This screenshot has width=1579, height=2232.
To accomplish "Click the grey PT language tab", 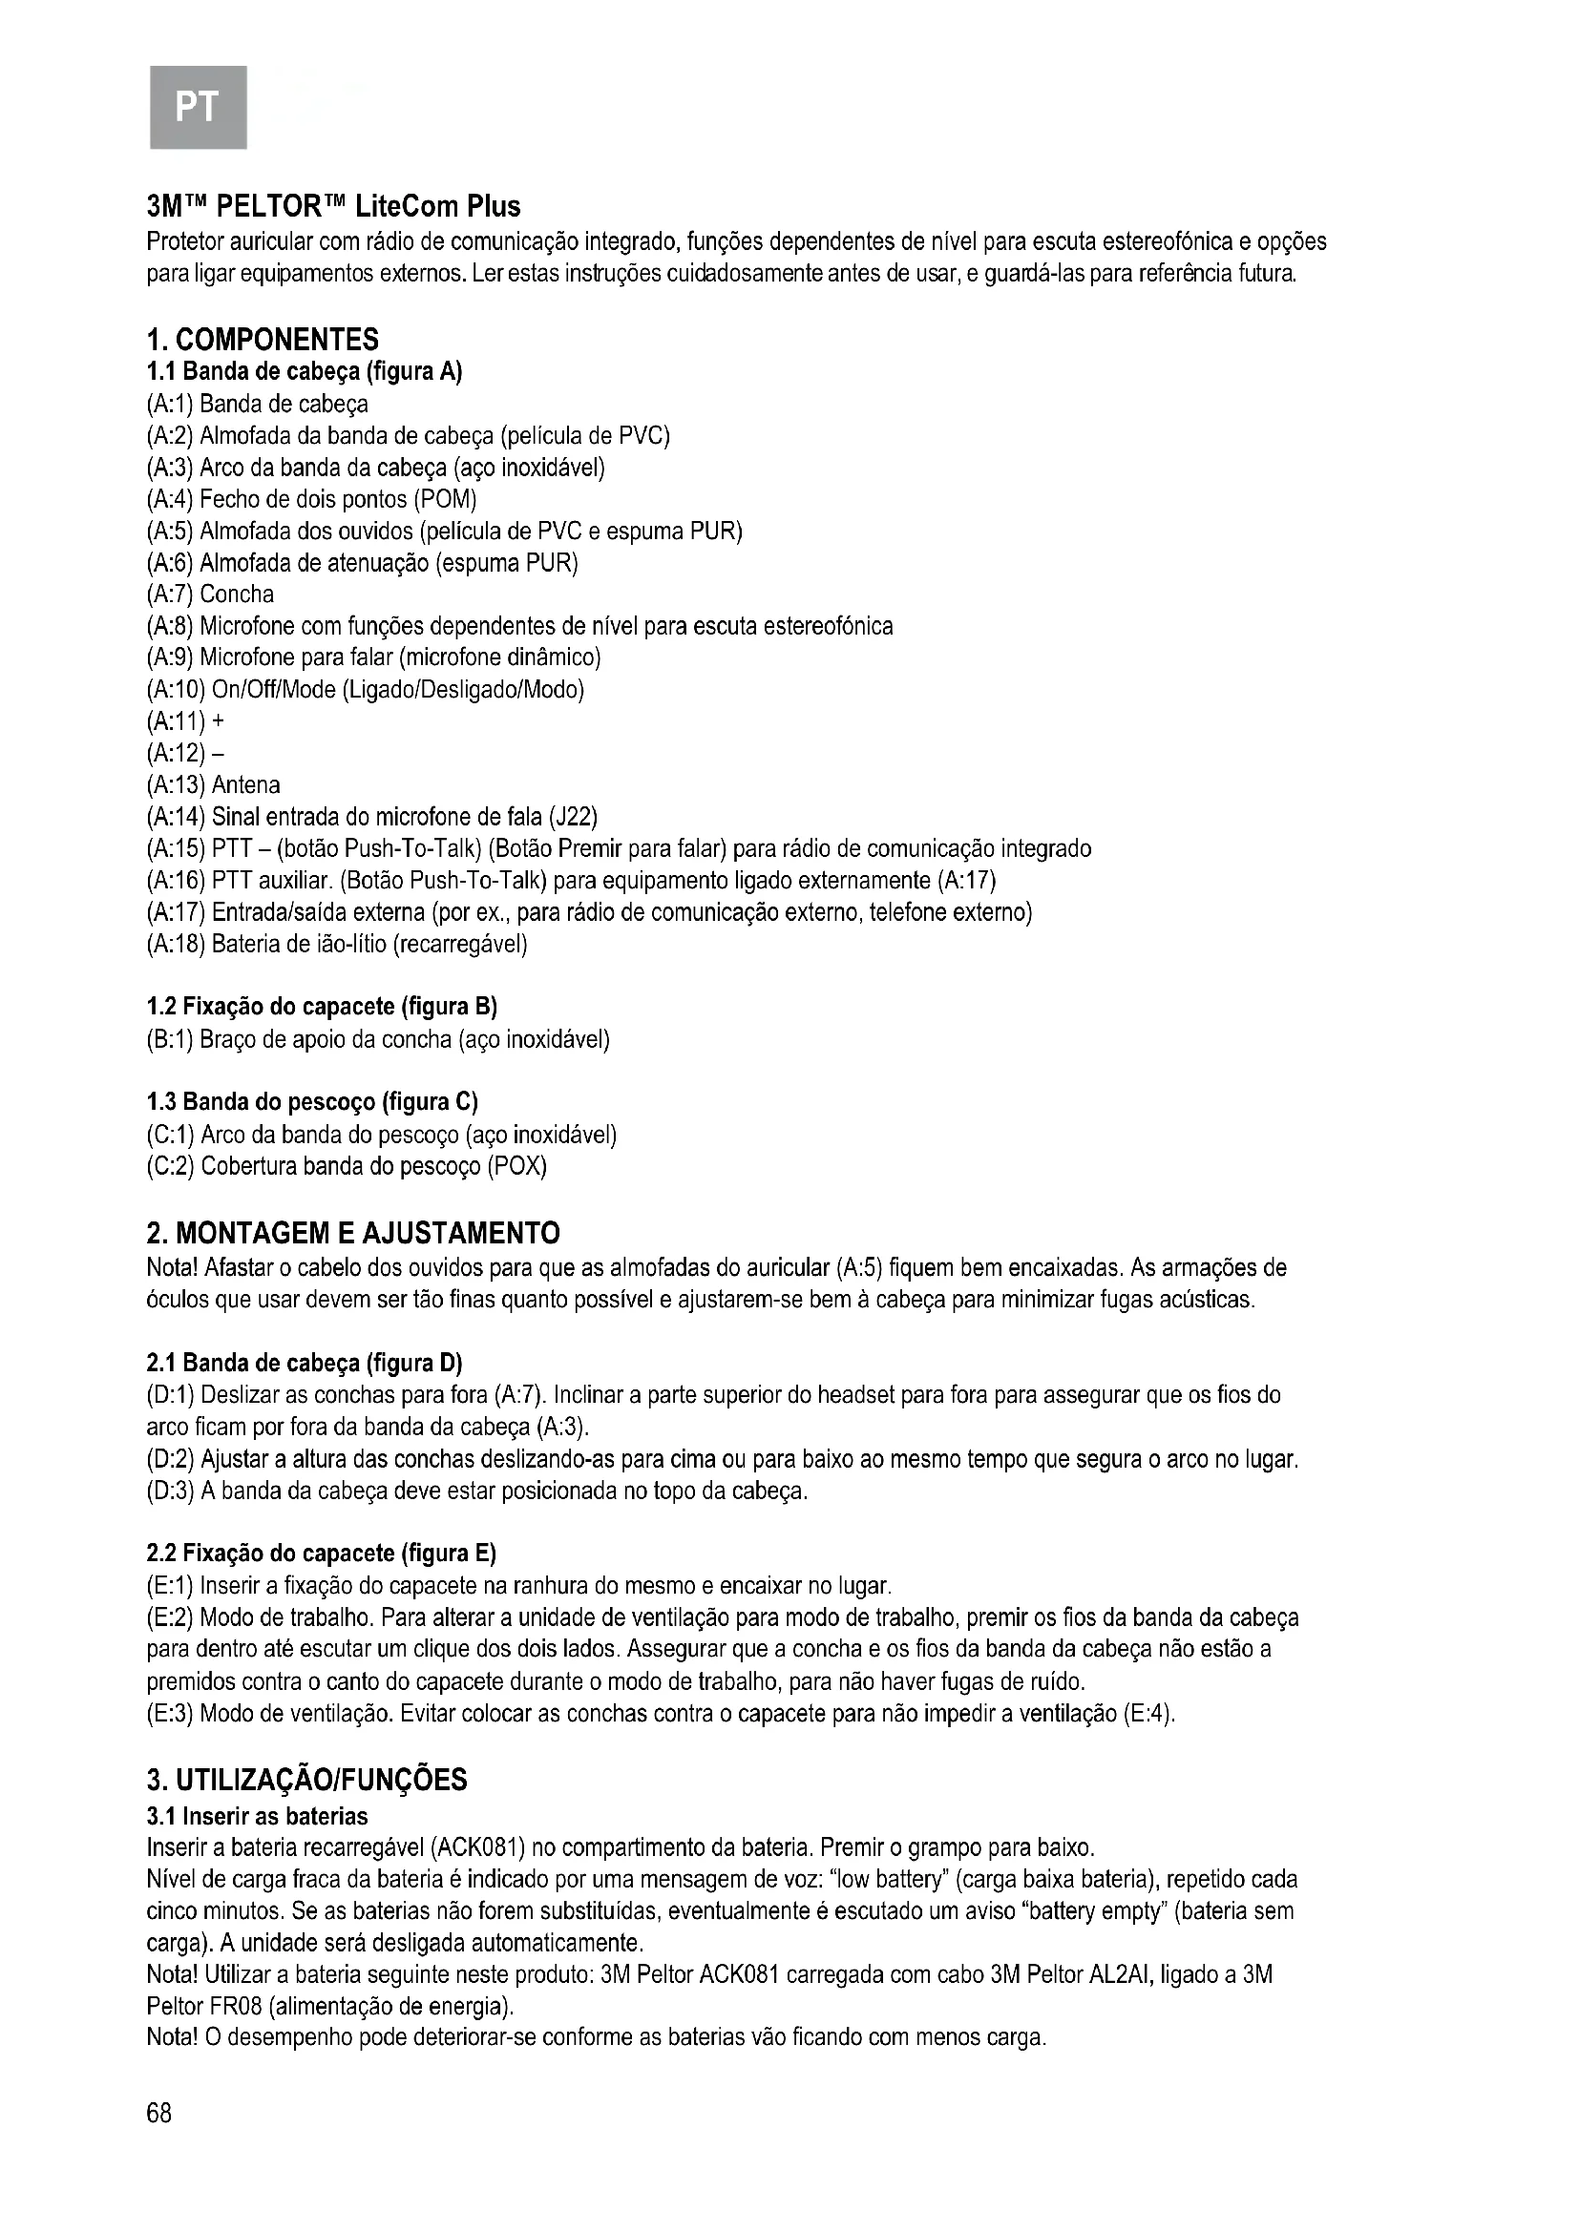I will click(198, 106).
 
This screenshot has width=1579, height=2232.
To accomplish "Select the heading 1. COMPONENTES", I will click(263, 340).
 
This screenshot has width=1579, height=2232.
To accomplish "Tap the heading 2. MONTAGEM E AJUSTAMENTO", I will click(353, 1234).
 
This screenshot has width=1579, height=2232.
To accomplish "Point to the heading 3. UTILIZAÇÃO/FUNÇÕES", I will click(307, 1780).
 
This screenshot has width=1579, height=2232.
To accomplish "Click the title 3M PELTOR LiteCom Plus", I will click(333, 206).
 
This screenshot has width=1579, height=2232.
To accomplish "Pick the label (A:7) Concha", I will click(210, 594).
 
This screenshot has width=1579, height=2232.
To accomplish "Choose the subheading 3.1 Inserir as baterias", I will click(258, 1816).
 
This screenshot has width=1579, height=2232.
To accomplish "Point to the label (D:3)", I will click(171, 1491).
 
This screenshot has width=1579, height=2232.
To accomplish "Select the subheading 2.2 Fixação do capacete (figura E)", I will click(321, 1553).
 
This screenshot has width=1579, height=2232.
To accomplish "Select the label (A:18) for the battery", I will click(176, 944).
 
